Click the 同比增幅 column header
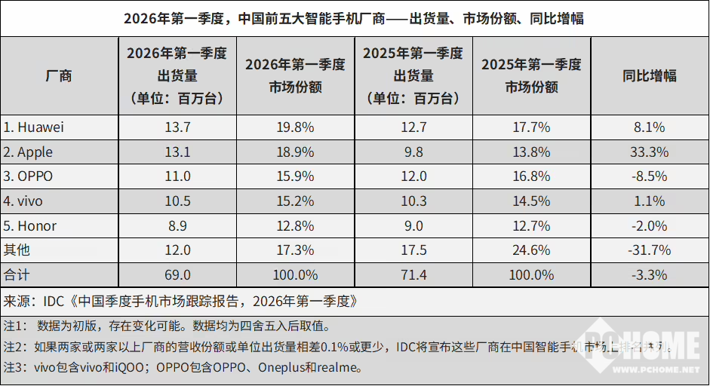tap(649, 75)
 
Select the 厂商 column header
tap(59, 75)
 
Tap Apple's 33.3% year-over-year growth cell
tap(649, 152)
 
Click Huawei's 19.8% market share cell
tap(295, 127)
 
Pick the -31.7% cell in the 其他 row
tap(649, 250)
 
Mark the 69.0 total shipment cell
tap(177, 275)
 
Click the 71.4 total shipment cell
tap(413, 275)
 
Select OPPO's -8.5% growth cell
tap(649, 177)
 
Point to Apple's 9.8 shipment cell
tap(413, 152)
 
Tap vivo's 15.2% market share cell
tap(295, 201)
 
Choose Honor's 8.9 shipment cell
tap(177, 226)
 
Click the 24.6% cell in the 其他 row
tap(531, 250)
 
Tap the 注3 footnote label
tap(16, 368)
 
